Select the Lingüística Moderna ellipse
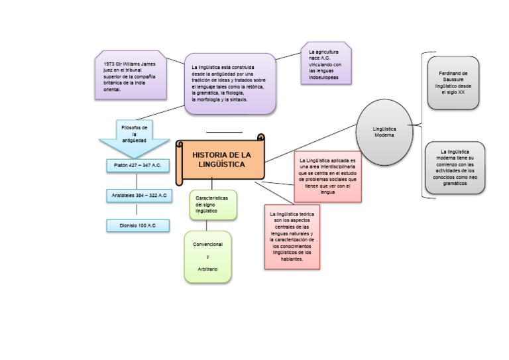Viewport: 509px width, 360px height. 384,131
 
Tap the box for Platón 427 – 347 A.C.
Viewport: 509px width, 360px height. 137,165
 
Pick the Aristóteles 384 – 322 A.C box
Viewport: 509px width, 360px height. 137,196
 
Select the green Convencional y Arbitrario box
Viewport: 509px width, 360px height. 207,257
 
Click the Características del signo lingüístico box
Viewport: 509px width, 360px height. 212,205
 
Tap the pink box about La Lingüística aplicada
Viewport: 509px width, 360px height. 327,176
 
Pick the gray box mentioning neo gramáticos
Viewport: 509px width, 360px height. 455,168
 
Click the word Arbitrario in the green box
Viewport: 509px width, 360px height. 207,269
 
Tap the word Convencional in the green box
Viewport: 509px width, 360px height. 207,245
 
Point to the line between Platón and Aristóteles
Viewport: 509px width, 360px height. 137,180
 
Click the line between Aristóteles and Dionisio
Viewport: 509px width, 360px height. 137,210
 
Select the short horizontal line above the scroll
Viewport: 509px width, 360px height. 224,133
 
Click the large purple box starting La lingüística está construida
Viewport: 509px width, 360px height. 229,84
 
